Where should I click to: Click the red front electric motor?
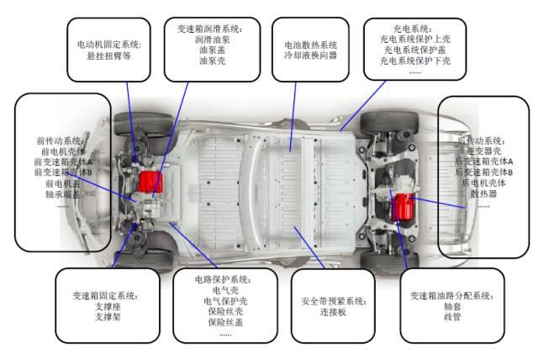click(151, 182)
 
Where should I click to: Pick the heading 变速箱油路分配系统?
click(452, 297)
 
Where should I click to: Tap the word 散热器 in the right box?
click(484, 193)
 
